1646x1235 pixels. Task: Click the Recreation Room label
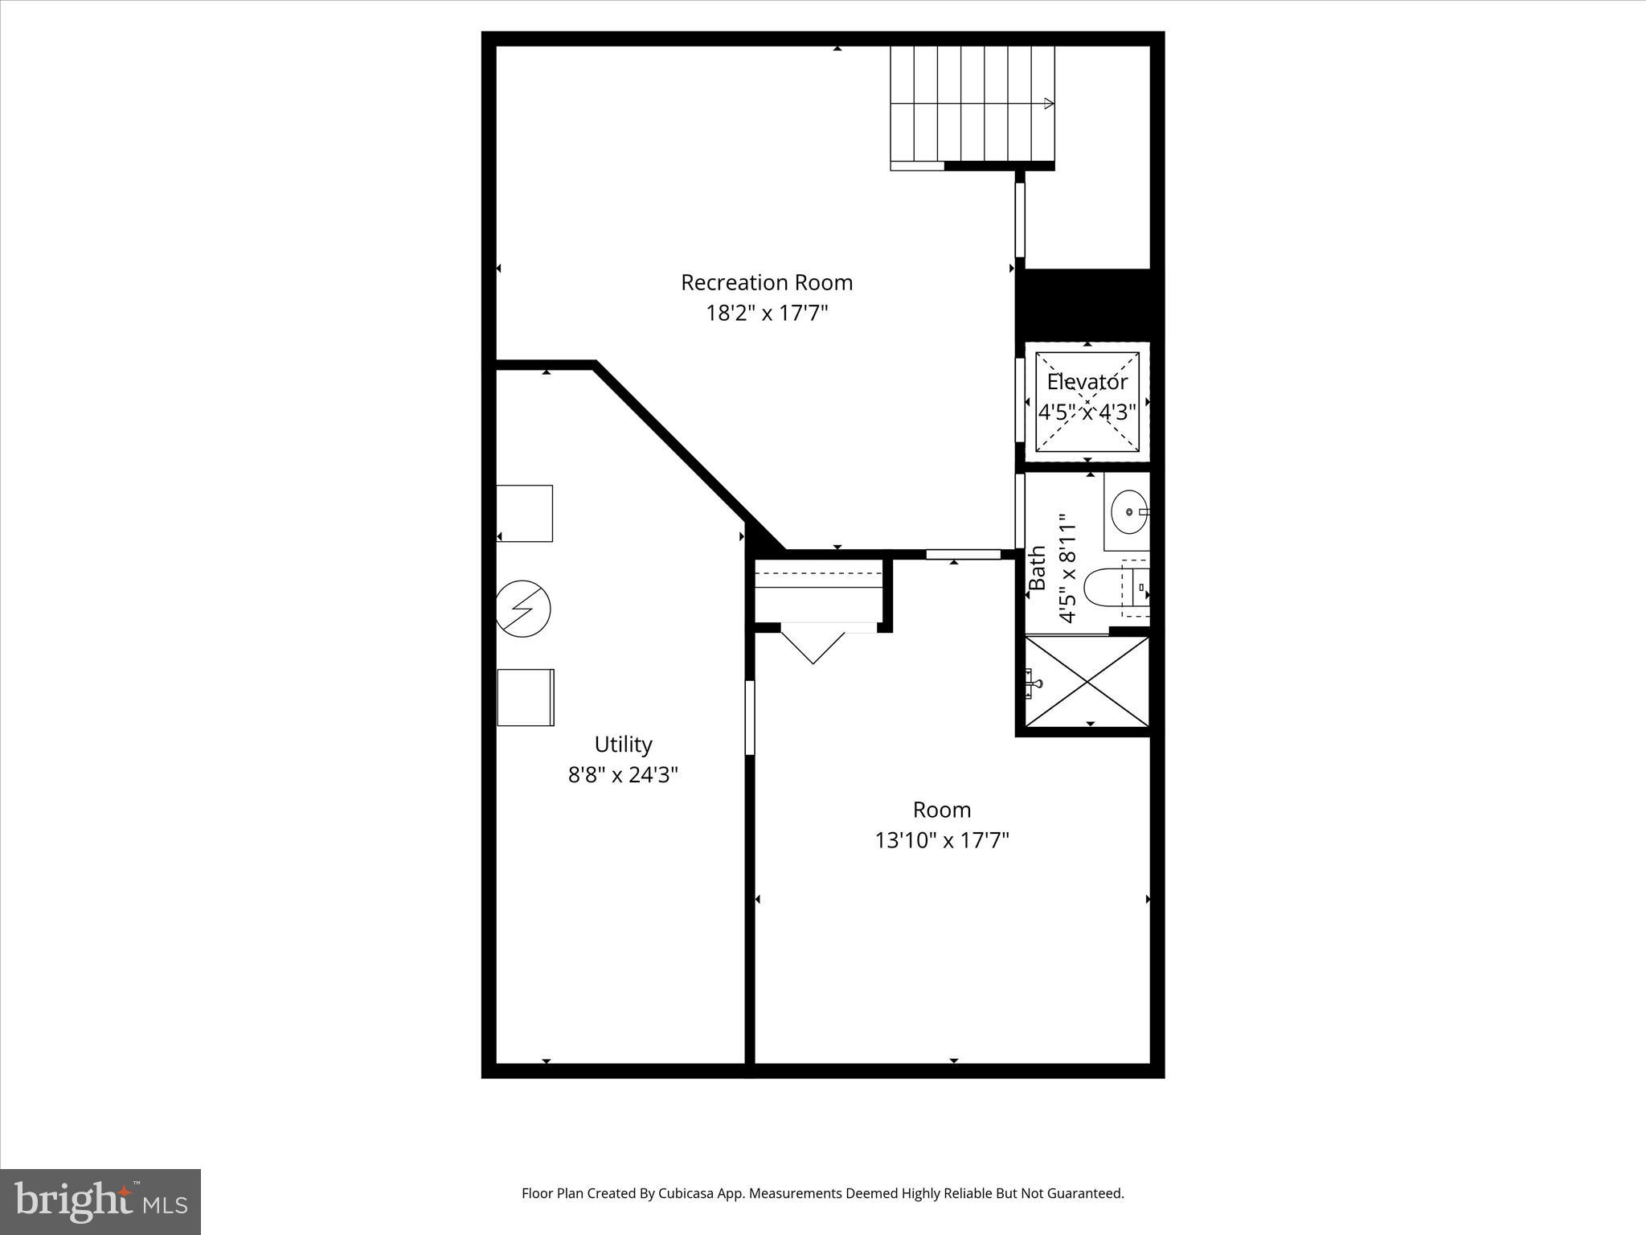pos(767,282)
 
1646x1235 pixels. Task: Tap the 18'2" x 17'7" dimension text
pos(767,313)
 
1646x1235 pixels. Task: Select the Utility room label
pos(623,744)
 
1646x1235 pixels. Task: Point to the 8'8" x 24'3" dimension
pos(623,775)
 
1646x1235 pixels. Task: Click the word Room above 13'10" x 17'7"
pos(941,810)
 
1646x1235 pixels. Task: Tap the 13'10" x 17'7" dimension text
pos(941,841)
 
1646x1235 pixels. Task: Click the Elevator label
pos(1087,382)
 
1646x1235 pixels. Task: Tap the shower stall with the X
pos(1087,682)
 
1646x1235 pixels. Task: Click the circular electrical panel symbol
pos(523,609)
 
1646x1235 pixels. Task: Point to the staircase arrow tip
pos(1049,103)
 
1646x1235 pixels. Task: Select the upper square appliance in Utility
pos(525,513)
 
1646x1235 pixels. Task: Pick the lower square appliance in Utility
pos(526,697)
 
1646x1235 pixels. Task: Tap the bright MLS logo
pos(100,1201)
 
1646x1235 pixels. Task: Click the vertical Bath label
pos(1038,568)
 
